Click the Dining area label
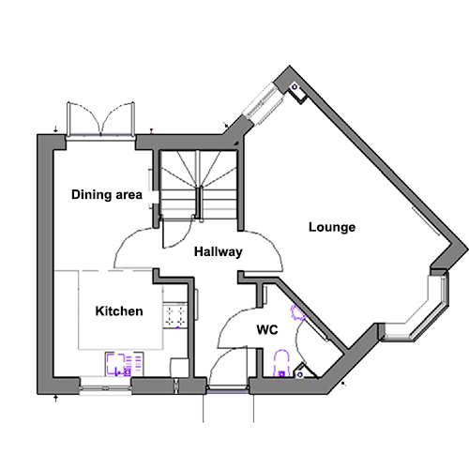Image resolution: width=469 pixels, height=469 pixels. [x=107, y=195]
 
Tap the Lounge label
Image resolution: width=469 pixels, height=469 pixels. [x=332, y=227]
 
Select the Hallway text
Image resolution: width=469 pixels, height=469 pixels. [x=219, y=251]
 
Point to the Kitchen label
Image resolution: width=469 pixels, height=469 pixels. [x=119, y=311]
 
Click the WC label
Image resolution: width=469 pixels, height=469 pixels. [x=267, y=329]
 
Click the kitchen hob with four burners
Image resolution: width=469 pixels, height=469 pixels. [x=175, y=316]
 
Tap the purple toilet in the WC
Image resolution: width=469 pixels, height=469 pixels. [x=281, y=363]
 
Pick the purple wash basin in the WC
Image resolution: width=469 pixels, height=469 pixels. [x=297, y=312]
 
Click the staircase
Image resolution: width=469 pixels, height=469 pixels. [x=199, y=185]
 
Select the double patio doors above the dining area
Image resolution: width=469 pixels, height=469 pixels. [x=100, y=119]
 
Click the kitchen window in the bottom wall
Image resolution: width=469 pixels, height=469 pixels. [x=105, y=388]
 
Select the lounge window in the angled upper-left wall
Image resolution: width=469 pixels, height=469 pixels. [x=264, y=103]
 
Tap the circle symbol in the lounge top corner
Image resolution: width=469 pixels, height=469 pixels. [x=295, y=87]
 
